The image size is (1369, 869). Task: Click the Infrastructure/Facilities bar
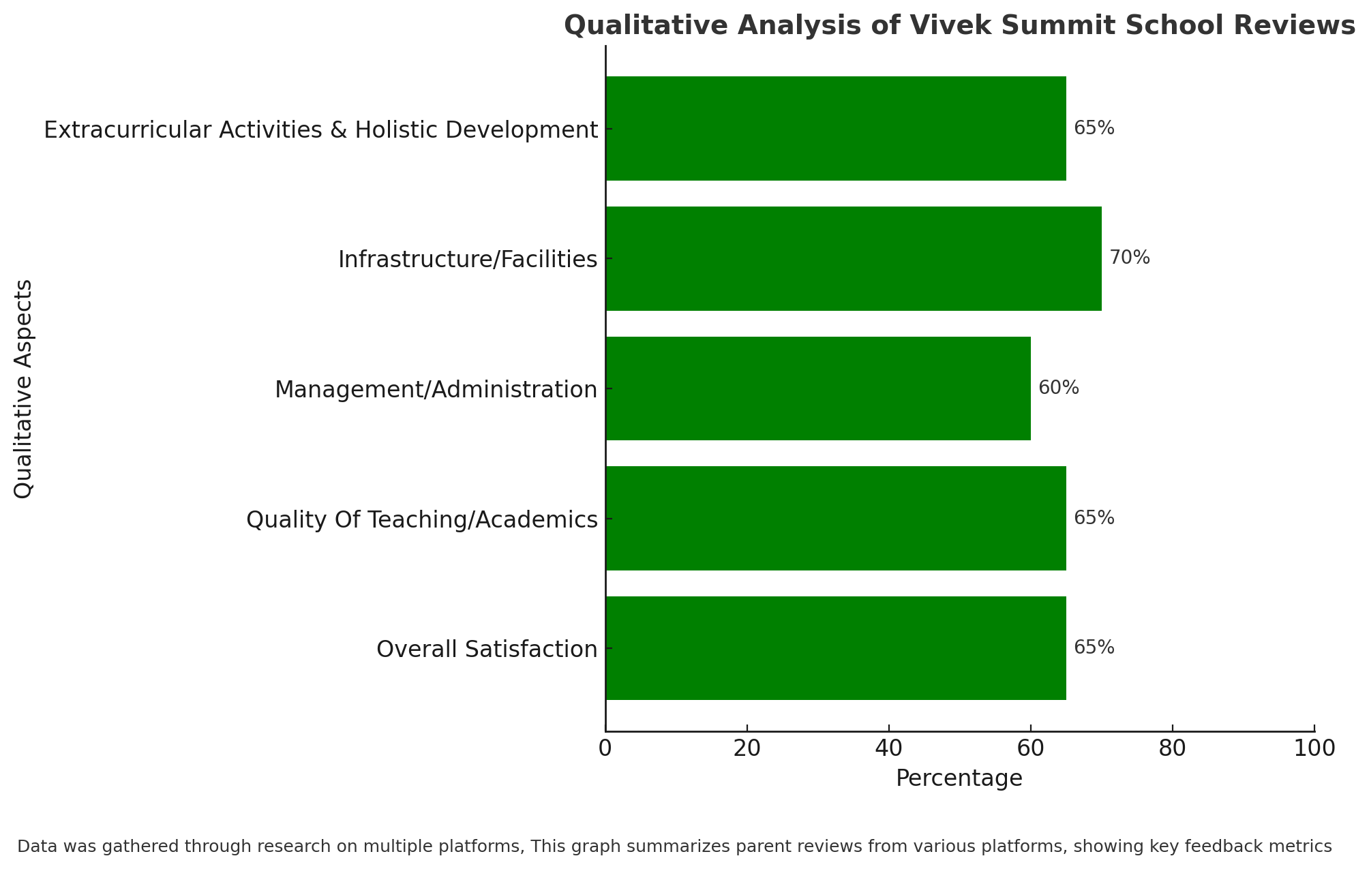click(854, 259)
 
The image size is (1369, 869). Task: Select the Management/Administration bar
click(818, 388)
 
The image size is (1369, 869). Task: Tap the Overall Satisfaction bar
click(836, 648)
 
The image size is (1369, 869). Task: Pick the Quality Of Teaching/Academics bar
click(836, 519)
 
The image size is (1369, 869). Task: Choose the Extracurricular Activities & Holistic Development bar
click(836, 129)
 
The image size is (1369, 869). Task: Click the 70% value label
click(1130, 258)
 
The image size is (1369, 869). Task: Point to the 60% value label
click(1059, 388)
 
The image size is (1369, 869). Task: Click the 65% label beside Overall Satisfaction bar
click(1094, 648)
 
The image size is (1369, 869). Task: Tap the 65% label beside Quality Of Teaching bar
click(1094, 519)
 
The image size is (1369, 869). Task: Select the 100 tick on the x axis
click(1314, 748)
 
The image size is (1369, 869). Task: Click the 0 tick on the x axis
click(605, 748)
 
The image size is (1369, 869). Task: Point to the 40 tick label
click(889, 748)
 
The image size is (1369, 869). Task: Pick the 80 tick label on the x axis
click(1173, 748)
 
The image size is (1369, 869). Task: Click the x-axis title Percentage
click(959, 779)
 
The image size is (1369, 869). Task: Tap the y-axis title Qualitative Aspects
click(24, 389)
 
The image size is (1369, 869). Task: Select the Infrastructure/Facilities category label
click(468, 260)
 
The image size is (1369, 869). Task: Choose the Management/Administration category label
click(436, 390)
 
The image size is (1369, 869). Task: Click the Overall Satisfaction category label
click(487, 650)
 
